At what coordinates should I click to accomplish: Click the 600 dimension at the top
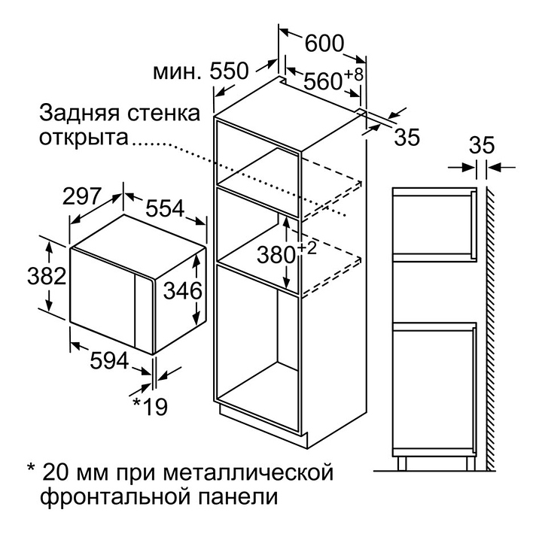point(323,44)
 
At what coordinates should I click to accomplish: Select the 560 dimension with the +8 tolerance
point(325,81)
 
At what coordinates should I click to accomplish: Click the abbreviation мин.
point(177,73)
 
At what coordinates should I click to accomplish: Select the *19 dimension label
point(150,407)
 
